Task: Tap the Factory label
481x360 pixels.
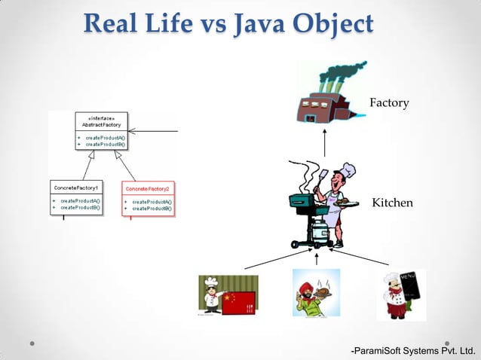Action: click(389, 102)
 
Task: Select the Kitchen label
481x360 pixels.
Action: click(392, 203)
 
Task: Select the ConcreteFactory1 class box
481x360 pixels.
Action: click(77, 197)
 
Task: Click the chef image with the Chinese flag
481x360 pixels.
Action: click(228, 295)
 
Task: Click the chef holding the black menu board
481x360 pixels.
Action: click(400, 294)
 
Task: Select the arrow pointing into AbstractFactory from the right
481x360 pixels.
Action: click(155, 131)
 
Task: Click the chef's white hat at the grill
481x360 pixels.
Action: click(348, 169)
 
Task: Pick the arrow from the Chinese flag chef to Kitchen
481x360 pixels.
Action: click(272, 258)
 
